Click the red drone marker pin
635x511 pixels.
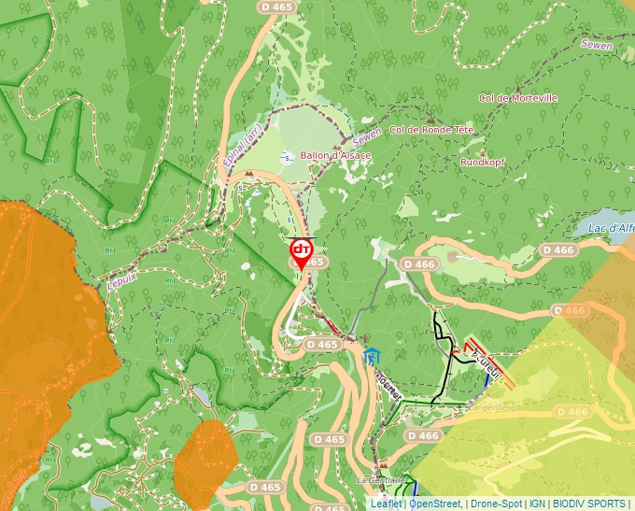click(x=301, y=251)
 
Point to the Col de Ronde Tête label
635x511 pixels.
click(x=431, y=130)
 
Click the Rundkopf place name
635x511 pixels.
click(x=482, y=162)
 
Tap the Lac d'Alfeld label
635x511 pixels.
click(x=611, y=227)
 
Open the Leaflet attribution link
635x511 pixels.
click(x=387, y=504)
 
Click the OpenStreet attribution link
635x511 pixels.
click(x=436, y=504)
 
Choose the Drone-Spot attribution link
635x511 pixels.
click(x=495, y=504)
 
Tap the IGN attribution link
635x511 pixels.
click(x=537, y=504)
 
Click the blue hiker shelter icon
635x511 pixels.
click(x=373, y=356)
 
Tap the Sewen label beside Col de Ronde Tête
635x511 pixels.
click(x=367, y=142)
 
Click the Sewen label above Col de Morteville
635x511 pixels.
click(x=596, y=44)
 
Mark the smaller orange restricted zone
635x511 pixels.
click(x=204, y=462)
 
